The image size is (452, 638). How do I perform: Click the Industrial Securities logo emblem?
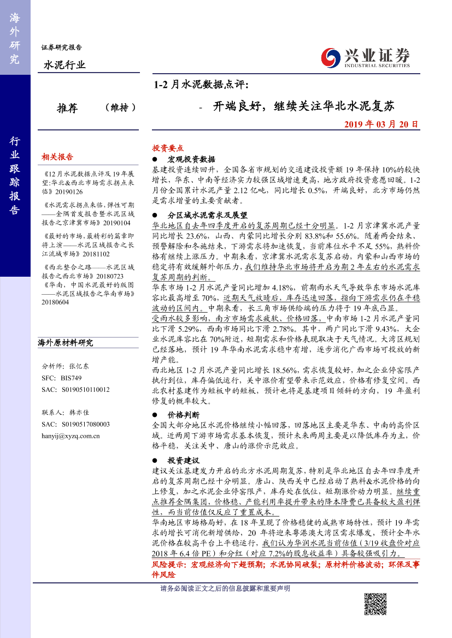(330, 56)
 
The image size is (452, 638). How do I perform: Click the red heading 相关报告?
(57, 157)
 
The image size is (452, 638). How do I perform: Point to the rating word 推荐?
(68, 108)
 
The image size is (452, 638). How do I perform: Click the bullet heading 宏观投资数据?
(192, 159)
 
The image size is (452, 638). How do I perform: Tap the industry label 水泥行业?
(64, 65)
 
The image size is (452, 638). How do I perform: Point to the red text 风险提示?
(170, 565)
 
